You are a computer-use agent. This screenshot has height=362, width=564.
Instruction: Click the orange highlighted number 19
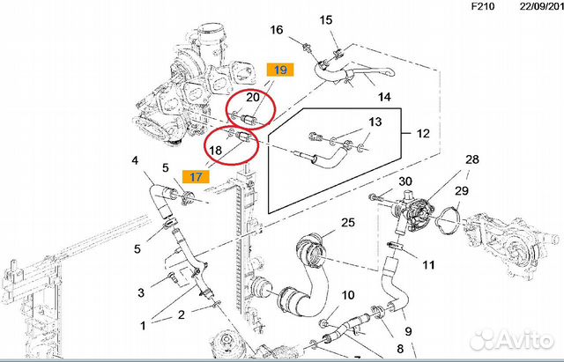[279, 70]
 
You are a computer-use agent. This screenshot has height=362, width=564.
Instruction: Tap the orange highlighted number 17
[195, 176]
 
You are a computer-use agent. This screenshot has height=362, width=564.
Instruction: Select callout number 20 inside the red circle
[253, 98]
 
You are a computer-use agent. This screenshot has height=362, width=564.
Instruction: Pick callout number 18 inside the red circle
[215, 151]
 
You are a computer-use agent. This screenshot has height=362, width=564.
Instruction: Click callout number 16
[278, 30]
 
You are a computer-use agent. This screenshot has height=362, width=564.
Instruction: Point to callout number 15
[326, 19]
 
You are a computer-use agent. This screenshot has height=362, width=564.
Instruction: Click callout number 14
[384, 96]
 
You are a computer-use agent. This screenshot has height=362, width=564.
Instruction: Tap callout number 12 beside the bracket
[423, 134]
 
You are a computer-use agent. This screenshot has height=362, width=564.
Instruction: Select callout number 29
[462, 190]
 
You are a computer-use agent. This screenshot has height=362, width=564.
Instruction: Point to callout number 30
[405, 181]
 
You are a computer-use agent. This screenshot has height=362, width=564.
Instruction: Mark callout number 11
[428, 264]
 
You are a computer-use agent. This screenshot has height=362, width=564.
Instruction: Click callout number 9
[408, 331]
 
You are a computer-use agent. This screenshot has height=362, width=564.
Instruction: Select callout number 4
[135, 160]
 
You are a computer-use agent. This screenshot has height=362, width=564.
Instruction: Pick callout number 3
[140, 292]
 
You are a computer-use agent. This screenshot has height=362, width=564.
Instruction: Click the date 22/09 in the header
[534, 7]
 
